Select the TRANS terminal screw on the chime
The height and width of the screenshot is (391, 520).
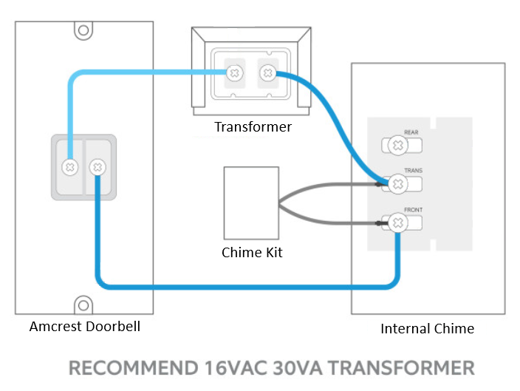click(397, 183)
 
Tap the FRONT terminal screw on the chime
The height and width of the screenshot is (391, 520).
click(397, 222)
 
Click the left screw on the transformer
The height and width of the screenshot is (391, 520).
click(235, 72)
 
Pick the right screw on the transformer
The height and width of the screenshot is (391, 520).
click(268, 72)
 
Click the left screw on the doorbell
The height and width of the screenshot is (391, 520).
click(70, 167)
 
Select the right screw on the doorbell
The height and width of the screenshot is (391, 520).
click(96, 167)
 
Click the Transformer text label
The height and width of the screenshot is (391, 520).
click(253, 127)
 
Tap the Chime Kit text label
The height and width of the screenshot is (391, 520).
click(252, 253)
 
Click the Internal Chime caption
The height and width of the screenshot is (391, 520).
click(427, 328)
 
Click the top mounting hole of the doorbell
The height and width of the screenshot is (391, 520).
click(83, 31)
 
